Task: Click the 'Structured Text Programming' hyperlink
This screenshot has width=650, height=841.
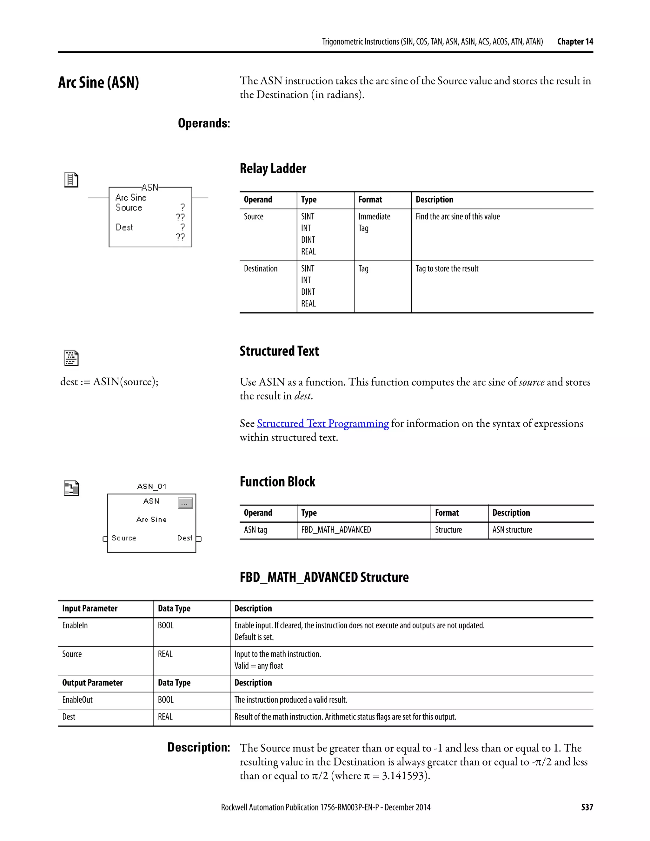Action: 323,424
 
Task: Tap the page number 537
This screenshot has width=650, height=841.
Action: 587,807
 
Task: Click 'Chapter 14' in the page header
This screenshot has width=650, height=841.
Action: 575,42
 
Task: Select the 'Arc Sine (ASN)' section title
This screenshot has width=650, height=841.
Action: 99,83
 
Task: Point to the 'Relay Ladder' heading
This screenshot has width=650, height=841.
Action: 273,169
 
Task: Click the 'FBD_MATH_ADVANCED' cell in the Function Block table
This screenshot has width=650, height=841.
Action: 336,530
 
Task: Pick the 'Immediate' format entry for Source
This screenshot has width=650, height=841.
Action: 374,216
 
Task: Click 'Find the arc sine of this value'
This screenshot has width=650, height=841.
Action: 457,216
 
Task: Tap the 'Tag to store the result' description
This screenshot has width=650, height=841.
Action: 447,269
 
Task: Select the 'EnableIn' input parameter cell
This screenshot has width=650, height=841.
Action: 75,626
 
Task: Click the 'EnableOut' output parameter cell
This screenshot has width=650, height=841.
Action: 77,700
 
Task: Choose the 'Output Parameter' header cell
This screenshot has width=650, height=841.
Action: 92,683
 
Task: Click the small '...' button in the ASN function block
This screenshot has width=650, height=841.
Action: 185,503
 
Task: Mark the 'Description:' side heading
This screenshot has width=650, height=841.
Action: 198,748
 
